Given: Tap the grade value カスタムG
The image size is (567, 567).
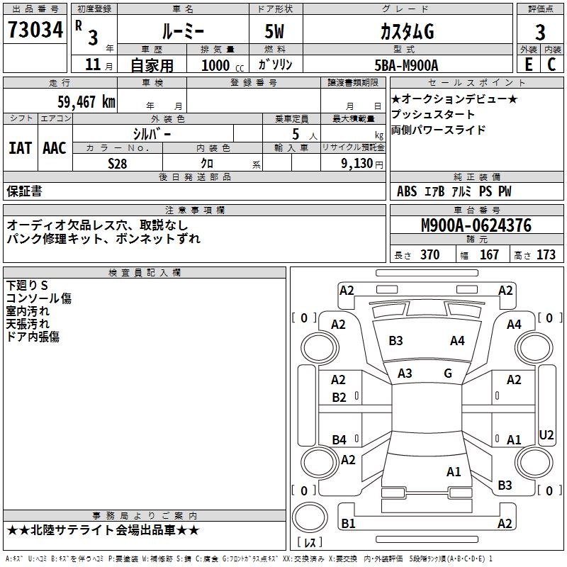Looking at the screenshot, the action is coord(407,32).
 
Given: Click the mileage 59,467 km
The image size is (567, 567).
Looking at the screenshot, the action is coord(86,102).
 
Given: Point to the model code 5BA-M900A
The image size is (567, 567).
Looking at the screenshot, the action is coord(406,65).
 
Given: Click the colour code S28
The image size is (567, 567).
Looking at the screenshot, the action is coord(118,163).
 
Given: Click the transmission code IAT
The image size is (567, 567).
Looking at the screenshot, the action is coord(20,147).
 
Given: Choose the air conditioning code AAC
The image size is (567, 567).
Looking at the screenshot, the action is coord(55,147).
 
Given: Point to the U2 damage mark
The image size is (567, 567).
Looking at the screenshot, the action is coord(546,434).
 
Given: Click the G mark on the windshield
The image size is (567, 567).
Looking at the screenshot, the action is coord(448,373).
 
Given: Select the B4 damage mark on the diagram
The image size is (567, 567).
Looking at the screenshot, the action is coord(339,440).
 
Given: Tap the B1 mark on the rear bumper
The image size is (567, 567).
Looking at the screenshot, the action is coord(348,524).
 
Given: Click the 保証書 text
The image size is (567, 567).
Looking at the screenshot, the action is coord(24,191).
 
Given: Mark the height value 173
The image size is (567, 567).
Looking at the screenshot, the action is coord(546,255).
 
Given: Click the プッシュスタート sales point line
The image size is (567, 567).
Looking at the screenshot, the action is coord(433,114).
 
